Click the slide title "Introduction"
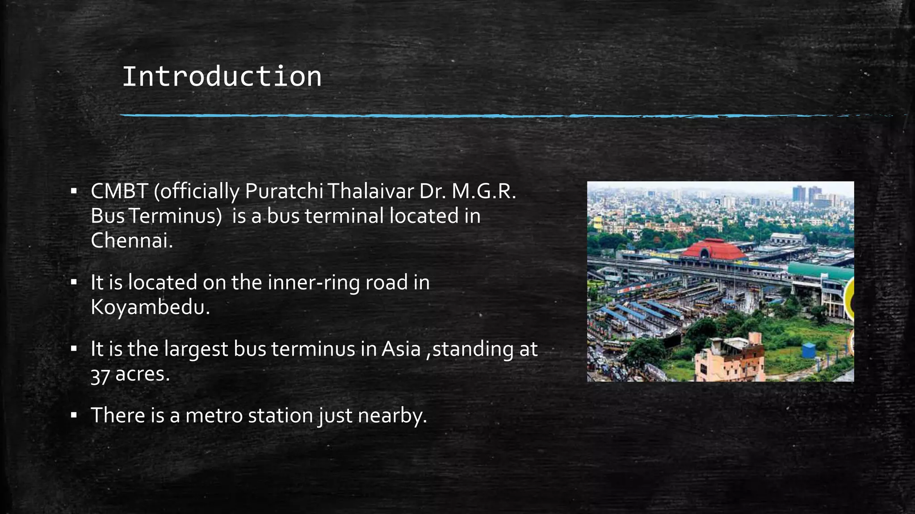(222, 76)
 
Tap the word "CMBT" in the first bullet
(119, 191)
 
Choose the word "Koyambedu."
(150, 307)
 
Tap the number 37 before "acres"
(100, 375)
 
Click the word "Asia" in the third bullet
(401, 349)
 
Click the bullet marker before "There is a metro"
(74, 415)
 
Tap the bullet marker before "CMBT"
(74, 191)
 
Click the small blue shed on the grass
(809, 350)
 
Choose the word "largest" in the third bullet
(196, 349)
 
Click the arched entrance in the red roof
(705, 253)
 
